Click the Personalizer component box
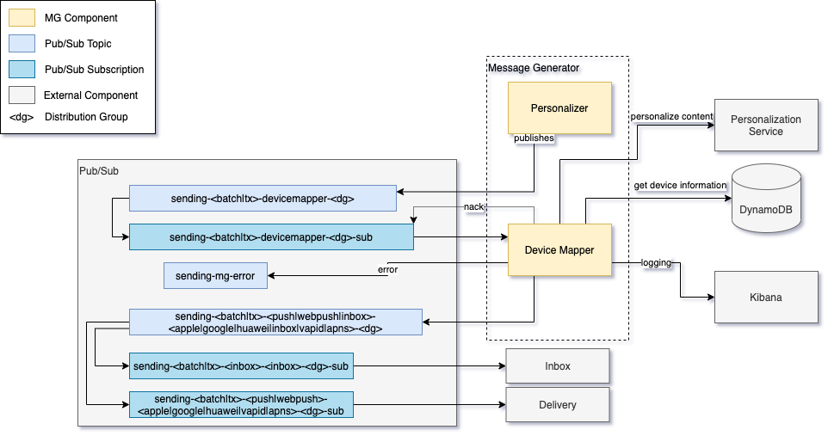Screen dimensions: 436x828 point(559,108)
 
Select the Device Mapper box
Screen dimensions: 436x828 point(559,249)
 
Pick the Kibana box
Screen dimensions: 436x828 point(765,297)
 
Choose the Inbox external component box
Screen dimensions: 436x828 point(557,365)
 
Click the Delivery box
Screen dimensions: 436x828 point(557,404)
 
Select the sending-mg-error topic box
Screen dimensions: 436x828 point(215,275)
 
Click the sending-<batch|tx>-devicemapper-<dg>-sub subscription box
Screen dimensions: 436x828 point(271,236)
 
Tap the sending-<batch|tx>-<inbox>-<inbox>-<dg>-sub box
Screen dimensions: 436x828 point(241,366)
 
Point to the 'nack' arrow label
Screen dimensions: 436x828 point(473,207)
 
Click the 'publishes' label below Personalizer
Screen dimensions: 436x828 point(534,138)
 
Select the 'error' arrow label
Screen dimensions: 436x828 point(387,269)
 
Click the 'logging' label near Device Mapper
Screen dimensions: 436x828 point(656,262)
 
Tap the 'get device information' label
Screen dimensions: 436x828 point(681,186)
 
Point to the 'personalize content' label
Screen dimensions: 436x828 point(671,116)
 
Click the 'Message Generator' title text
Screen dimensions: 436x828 point(534,68)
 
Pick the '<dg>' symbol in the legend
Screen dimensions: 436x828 point(22,117)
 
